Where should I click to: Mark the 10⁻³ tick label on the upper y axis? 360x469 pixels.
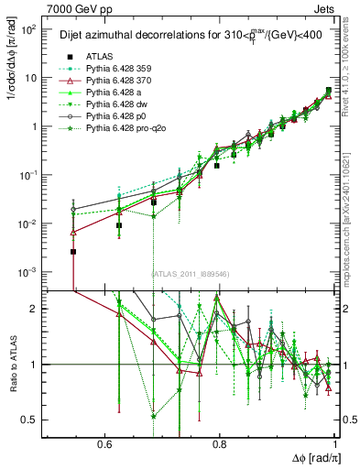click(27, 272)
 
